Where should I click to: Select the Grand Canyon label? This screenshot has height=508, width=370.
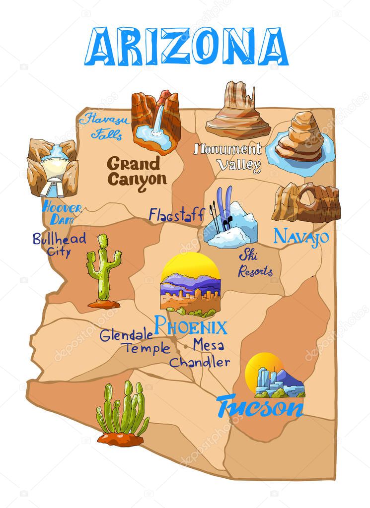pyautogui.click(x=137, y=171)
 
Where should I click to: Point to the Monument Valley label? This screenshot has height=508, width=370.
pyautogui.click(x=228, y=156)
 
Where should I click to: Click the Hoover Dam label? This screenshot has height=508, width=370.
pyautogui.click(x=62, y=212)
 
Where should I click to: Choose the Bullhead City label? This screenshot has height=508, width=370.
pyautogui.click(x=59, y=244)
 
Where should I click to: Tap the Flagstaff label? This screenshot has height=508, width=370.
pyautogui.click(x=176, y=215)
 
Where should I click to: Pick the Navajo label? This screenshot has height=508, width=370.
pyautogui.click(x=301, y=236)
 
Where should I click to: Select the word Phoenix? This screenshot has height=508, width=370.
pyautogui.click(x=191, y=326)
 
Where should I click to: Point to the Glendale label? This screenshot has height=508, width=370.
pyautogui.click(x=126, y=335)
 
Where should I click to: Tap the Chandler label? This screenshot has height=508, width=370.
pyautogui.click(x=200, y=362)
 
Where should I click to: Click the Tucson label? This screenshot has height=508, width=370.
pyautogui.click(x=260, y=407)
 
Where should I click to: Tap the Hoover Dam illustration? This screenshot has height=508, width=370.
pyautogui.click(x=52, y=168)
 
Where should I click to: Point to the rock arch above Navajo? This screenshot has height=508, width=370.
pyautogui.click(x=306, y=202)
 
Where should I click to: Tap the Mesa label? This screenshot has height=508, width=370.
pyautogui.click(x=209, y=344)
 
